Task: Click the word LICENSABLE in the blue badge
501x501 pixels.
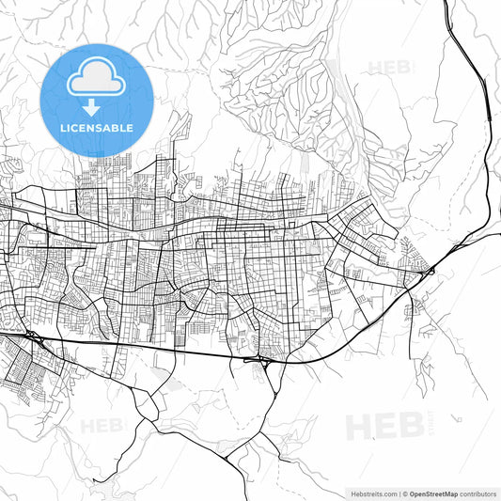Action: click(97, 128)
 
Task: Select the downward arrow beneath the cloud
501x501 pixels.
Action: click(97, 108)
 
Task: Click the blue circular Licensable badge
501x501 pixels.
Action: click(97, 100)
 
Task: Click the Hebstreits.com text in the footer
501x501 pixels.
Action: click(370, 493)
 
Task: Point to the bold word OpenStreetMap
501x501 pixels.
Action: click(433, 493)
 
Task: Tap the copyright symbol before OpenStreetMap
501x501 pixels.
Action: click(404, 493)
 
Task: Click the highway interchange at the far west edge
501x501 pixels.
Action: click(32, 335)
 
